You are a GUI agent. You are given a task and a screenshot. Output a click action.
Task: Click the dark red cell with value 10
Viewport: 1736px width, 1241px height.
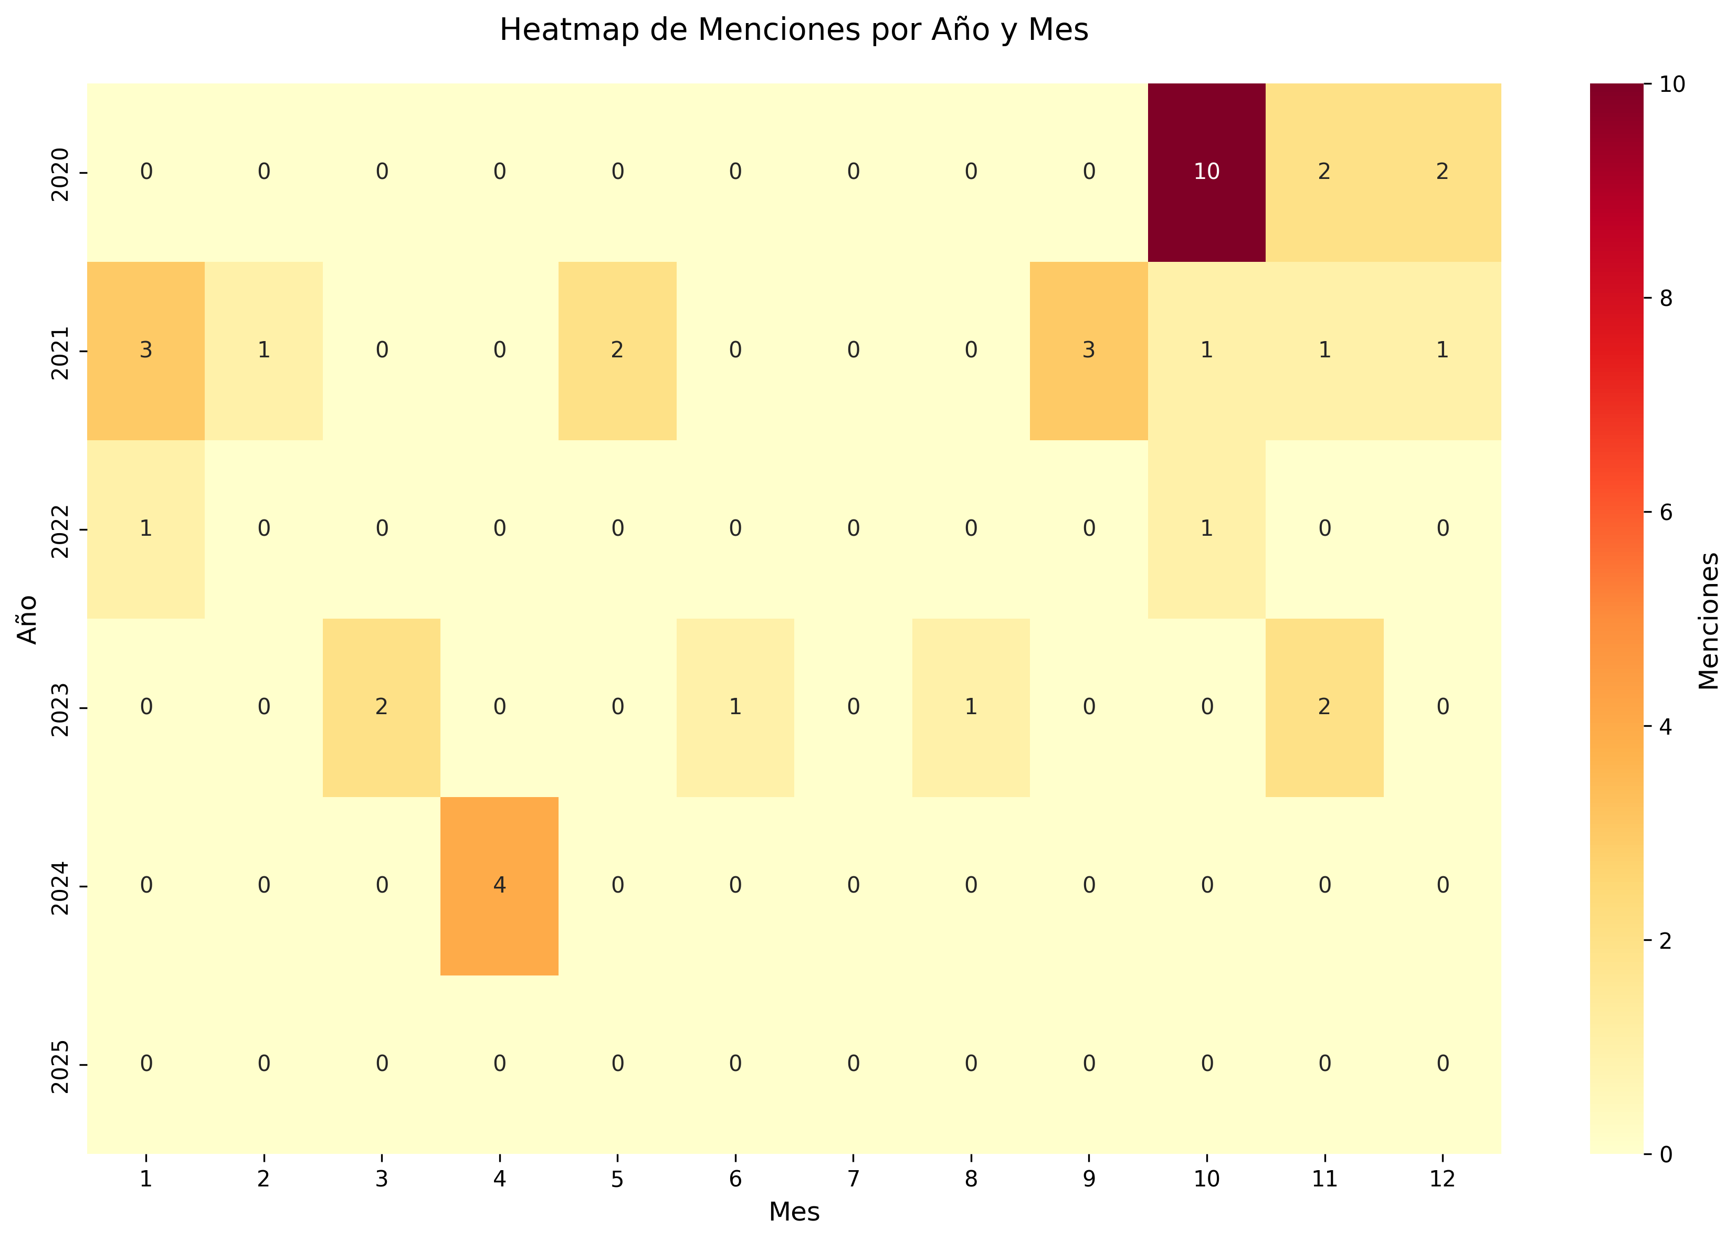[x=1206, y=172]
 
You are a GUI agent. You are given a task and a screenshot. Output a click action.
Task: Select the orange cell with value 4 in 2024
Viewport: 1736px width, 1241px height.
[x=499, y=886]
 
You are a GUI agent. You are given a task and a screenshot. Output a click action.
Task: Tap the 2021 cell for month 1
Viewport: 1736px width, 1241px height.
[x=146, y=351]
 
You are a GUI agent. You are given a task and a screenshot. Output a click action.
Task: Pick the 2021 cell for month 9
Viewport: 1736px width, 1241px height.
[x=1089, y=351]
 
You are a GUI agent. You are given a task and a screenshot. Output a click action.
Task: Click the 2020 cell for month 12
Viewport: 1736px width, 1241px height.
[x=1442, y=172]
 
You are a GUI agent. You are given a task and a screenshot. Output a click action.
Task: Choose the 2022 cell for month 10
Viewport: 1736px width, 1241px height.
[x=1206, y=529]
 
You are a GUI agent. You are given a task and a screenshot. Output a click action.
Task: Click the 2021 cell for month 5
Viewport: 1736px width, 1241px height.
[x=617, y=351]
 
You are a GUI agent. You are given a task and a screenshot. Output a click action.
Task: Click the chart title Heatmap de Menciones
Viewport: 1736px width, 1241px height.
[x=794, y=30]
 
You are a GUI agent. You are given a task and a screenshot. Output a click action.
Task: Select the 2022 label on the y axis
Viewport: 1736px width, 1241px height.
[x=60, y=529]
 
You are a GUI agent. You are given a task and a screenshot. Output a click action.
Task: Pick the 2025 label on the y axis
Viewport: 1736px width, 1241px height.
[x=60, y=1065]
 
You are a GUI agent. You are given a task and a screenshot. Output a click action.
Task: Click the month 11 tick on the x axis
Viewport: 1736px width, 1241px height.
[x=1324, y=1179]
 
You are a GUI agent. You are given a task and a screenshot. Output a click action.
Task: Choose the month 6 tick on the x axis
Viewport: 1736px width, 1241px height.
[x=734, y=1179]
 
